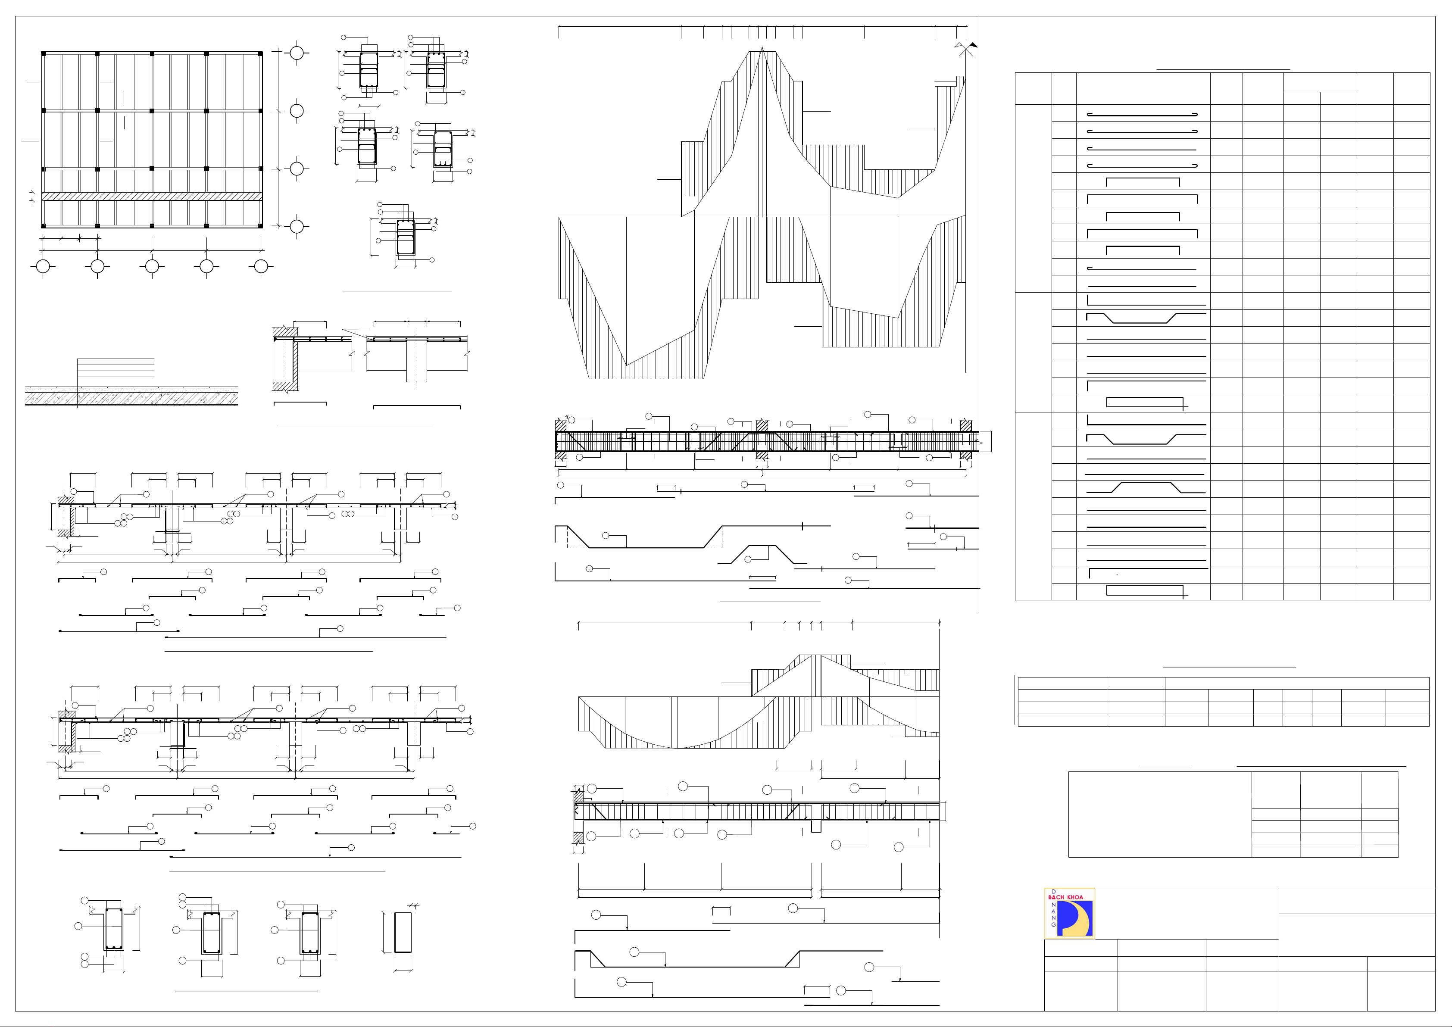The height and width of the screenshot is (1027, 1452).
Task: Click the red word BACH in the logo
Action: [1057, 897]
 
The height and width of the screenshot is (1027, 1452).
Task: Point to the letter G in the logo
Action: [1054, 924]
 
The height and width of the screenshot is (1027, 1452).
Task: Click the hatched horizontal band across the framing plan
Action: [152, 197]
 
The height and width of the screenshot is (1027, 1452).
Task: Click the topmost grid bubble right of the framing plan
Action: [297, 53]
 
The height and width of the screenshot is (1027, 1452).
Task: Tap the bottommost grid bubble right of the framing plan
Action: [297, 226]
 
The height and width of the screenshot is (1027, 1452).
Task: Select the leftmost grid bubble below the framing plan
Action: [43, 267]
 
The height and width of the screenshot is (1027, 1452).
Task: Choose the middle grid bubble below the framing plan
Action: [152, 267]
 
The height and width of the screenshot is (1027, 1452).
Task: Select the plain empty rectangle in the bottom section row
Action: [403, 932]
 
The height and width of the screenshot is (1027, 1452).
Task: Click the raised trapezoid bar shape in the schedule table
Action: [1145, 487]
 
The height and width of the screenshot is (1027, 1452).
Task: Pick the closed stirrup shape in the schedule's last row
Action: [1145, 591]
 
